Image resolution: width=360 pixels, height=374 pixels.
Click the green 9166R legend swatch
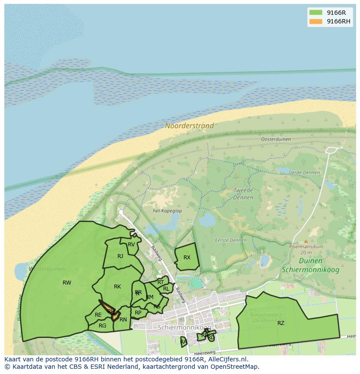click(x=316, y=13)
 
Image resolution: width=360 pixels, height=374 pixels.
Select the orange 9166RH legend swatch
click(x=316, y=22)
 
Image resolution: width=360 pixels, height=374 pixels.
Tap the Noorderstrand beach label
click(x=189, y=126)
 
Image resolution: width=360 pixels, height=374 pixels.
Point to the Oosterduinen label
click(x=276, y=139)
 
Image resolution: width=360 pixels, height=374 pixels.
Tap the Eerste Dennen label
click(x=230, y=240)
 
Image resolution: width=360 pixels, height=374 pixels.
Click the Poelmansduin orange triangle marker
click(x=306, y=242)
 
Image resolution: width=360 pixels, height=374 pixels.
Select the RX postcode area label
click(x=187, y=258)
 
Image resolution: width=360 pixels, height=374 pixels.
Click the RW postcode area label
click(x=67, y=283)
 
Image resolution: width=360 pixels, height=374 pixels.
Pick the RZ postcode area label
click(x=281, y=323)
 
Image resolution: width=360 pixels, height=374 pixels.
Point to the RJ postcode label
click(x=120, y=256)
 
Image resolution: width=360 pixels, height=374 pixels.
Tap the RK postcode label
click(x=117, y=287)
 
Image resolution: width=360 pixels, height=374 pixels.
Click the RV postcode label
click(x=131, y=245)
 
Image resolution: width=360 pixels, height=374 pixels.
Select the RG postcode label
click(x=102, y=326)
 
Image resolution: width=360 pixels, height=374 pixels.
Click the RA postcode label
click(x=183, y=342)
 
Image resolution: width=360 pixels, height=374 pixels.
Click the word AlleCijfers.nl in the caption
click(x=226, y=359)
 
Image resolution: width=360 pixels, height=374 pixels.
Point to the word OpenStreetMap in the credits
click(x=236, y=367)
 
